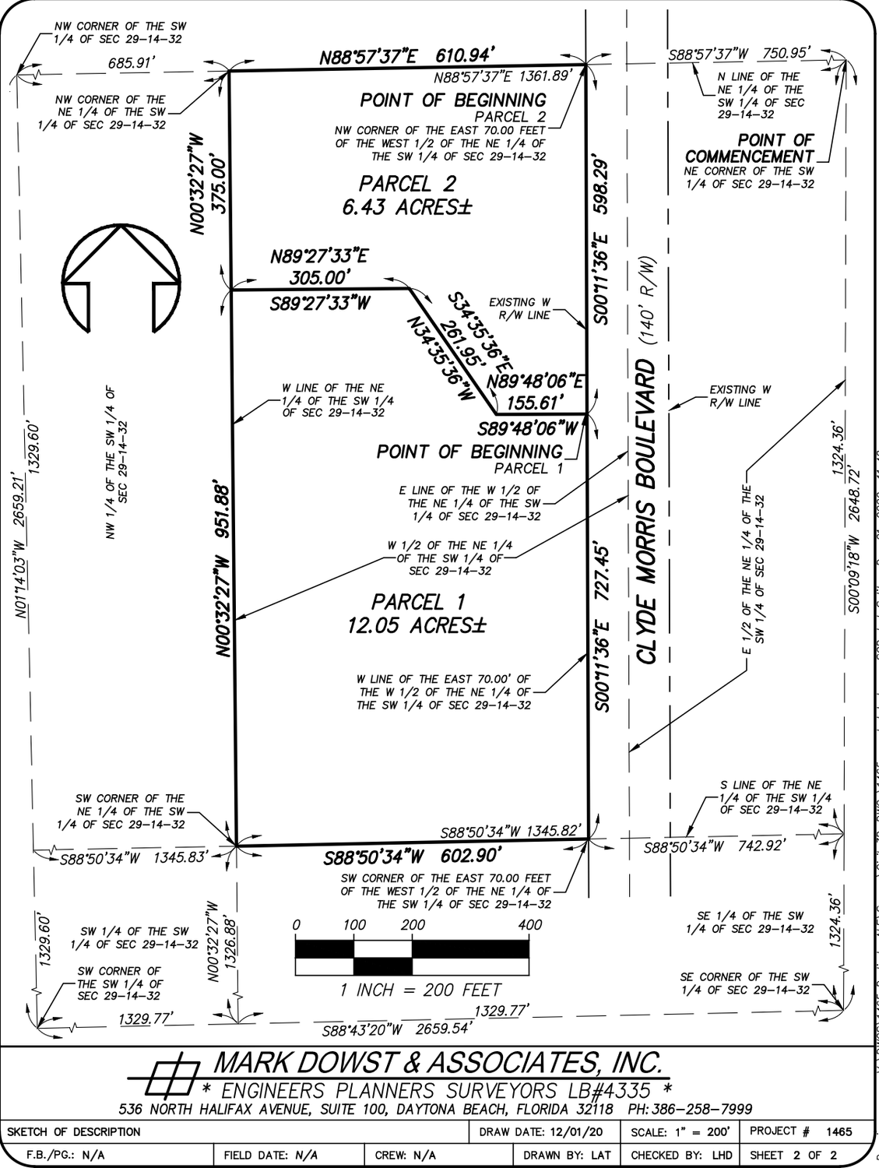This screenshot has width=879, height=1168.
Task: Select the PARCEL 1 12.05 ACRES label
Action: (x=418, y=613)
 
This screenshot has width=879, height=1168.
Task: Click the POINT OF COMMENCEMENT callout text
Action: (x=748, y=148)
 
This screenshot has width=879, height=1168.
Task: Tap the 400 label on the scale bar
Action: (x=529, y=925)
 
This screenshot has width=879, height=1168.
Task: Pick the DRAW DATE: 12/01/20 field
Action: (x=543, y=1131)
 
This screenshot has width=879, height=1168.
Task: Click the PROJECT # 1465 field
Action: (x=802, y=1131)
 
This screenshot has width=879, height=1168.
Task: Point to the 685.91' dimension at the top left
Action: (x=129, y=63)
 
